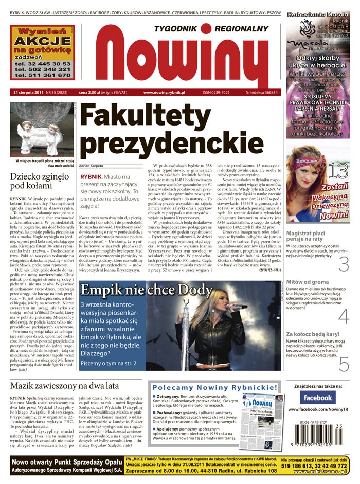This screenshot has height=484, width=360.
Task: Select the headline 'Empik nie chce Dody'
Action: coord(147,291)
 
